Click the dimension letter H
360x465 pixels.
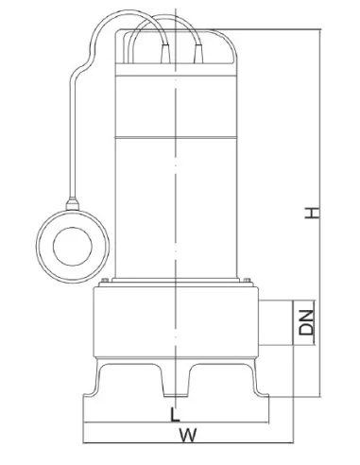point(312,213)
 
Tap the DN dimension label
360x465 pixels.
point(306,322)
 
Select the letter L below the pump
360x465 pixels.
point(175,415)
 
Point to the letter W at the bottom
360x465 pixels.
point(188,435)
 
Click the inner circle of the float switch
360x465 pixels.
point(73,247)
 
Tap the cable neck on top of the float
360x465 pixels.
point(73,204)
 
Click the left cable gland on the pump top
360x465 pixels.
point(165,54)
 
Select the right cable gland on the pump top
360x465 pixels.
point(198,54)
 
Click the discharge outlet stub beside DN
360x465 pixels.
point(276,322)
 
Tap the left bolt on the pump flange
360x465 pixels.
point(105,280)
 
